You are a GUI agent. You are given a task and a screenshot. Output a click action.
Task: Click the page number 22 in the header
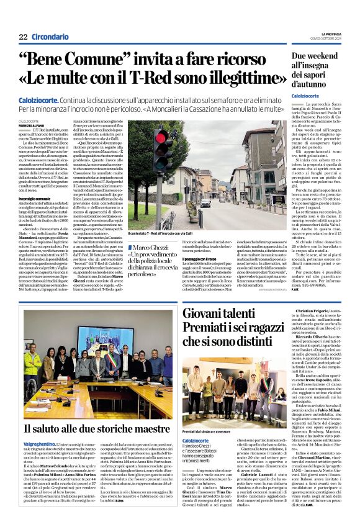tap(23, 37)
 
